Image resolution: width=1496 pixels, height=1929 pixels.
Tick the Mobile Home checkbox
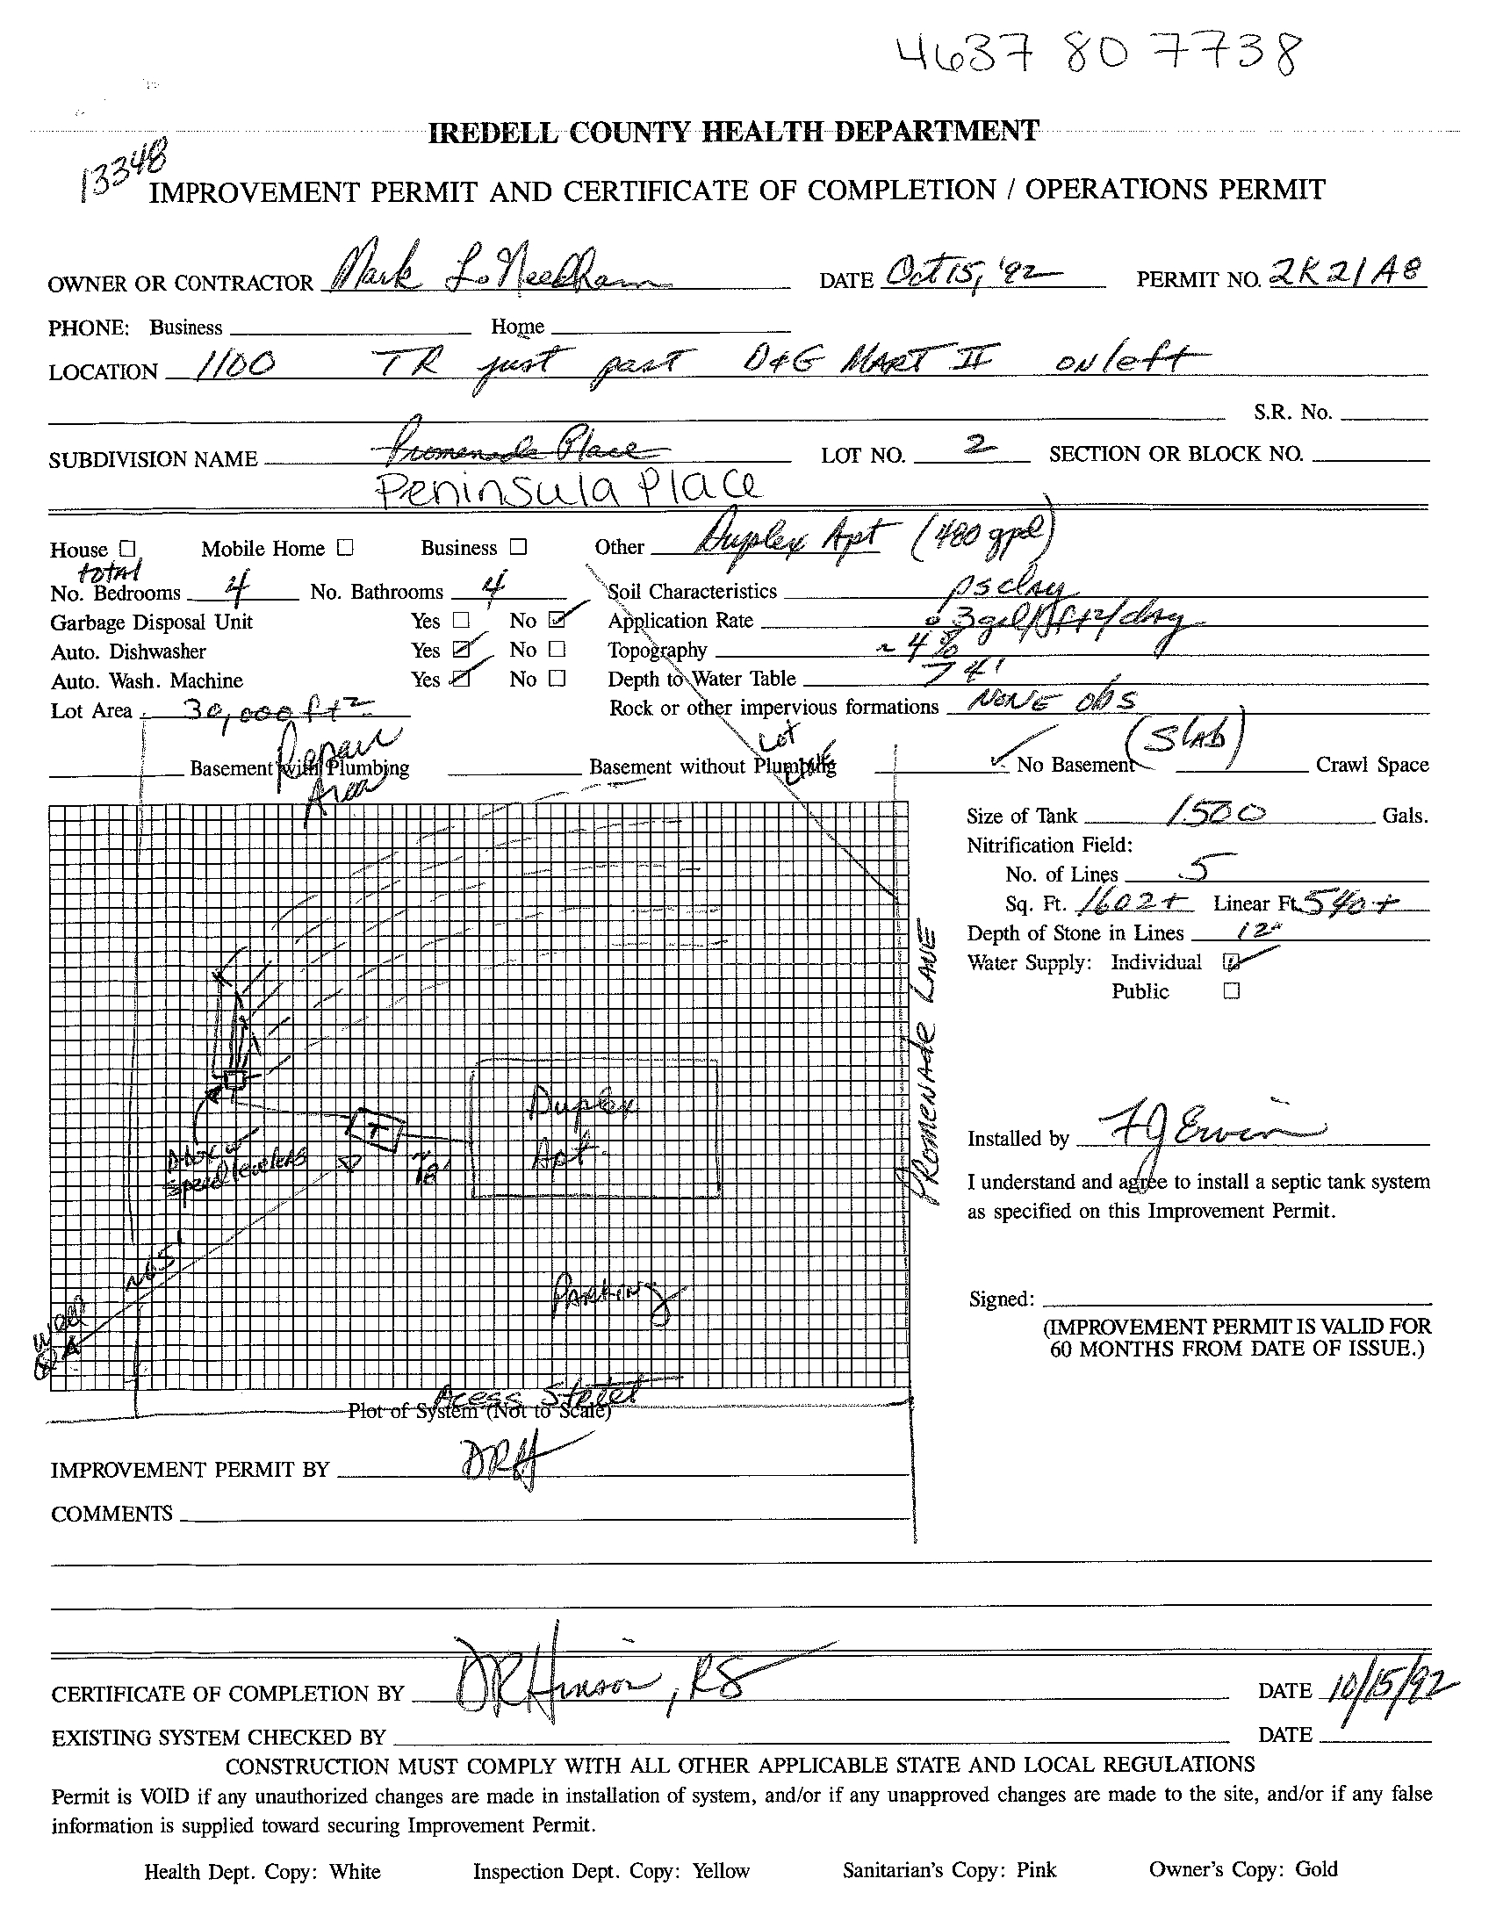point(345,548)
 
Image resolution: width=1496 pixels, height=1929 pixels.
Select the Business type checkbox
point(518,547)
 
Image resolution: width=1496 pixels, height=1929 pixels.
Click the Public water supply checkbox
point(1231,991)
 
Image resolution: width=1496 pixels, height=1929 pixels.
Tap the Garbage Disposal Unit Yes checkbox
point(460,621)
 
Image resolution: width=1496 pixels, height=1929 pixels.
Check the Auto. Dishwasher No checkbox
point(557,650)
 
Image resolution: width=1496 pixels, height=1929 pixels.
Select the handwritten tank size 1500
point(1218,812)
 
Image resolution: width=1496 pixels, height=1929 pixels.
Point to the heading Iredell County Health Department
point(733,133)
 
